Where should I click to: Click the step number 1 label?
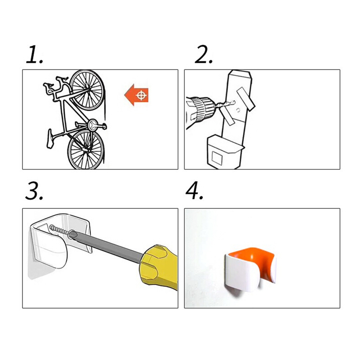[34, 54]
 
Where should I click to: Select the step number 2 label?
[204, 54]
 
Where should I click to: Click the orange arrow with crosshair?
[137, 95]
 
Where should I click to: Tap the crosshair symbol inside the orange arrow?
[142, 95]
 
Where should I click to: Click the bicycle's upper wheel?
[87, 90]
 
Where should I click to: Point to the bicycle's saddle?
[50, 139]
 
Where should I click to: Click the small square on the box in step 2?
[217, 158]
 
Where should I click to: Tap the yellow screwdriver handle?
[159, 267]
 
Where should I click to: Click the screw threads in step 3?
[59, 230]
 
